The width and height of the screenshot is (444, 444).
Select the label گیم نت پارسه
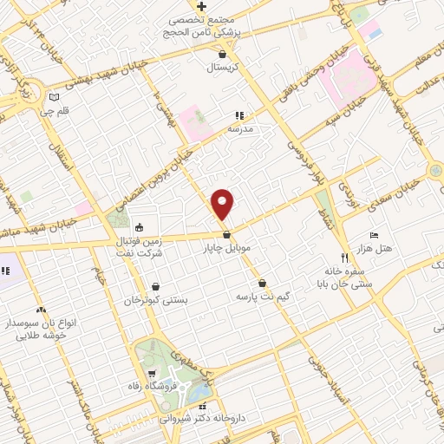[262, 296]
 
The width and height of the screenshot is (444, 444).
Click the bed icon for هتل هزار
[374, 236]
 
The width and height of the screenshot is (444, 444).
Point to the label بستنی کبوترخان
[157, 299]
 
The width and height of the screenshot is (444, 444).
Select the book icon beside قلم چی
[55, 97]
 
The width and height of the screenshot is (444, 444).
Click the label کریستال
[223, 66]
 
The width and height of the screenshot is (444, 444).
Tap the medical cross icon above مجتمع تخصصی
[200, 6]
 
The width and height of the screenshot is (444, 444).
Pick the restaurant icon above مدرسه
[238, 114]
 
